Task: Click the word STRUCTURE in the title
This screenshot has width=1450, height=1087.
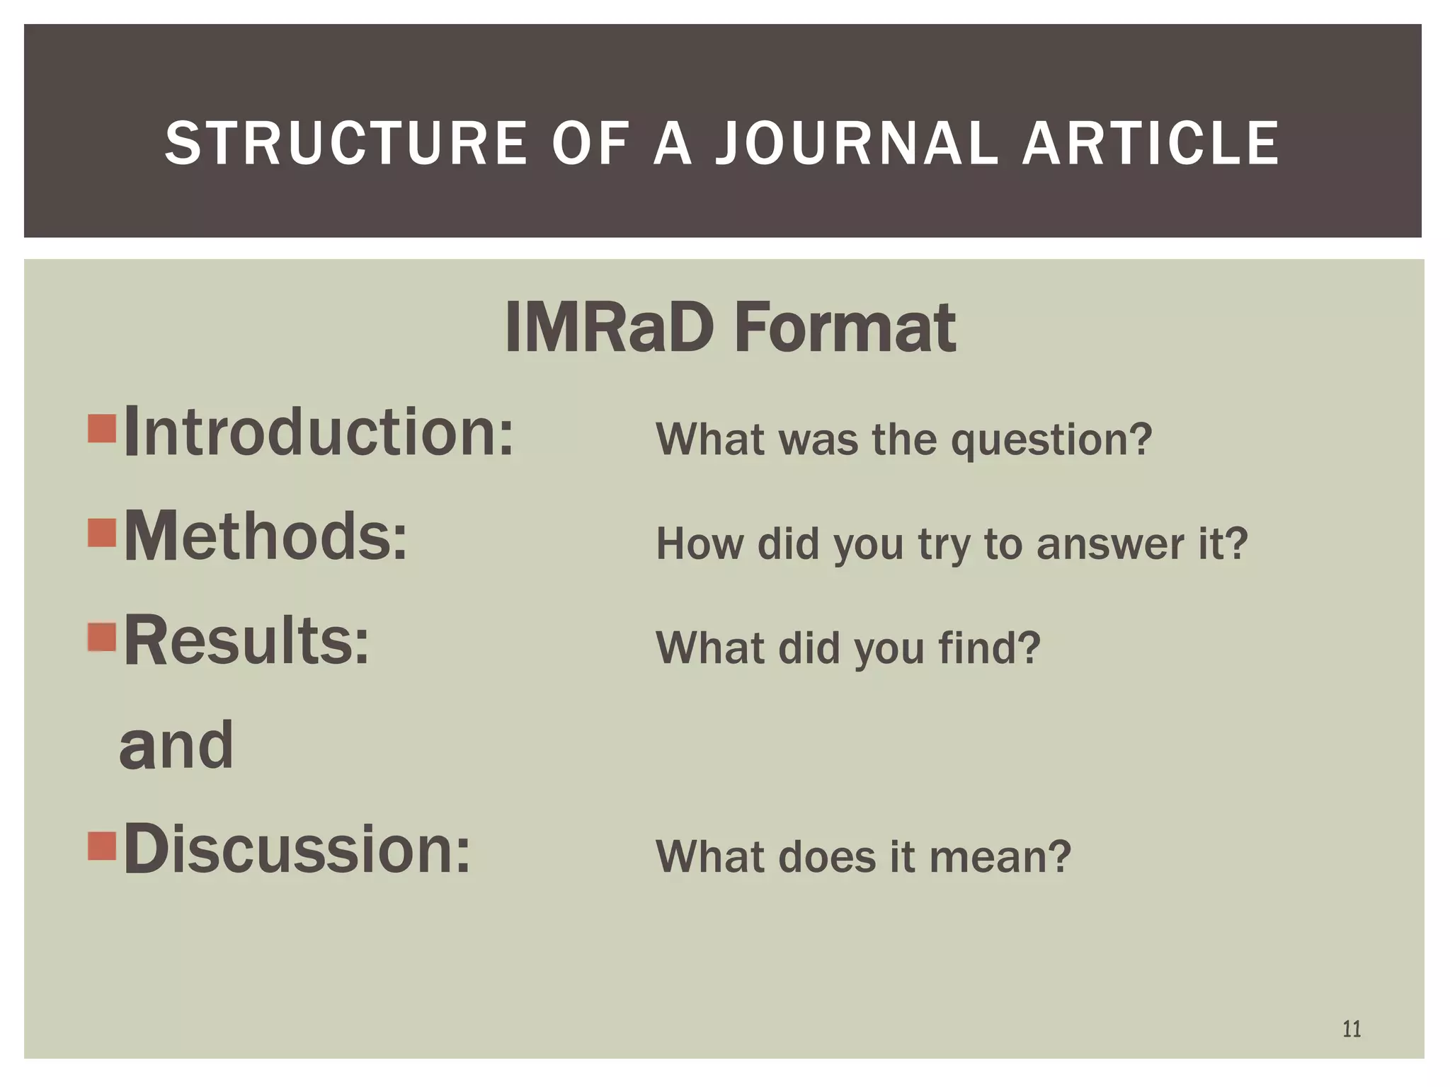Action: click(346, 144)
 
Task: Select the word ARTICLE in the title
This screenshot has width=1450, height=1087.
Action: click(1151, 144)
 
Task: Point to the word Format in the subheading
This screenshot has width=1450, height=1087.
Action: click(845, 328)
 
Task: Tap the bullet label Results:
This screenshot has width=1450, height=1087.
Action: click(246, 640)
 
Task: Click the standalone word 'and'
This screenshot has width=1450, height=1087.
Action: click(176, 745)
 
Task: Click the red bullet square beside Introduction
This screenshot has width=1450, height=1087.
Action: click(102, 428)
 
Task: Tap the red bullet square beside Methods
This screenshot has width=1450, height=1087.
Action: click(102, 533)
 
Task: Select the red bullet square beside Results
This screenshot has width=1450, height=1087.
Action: click(102, 636)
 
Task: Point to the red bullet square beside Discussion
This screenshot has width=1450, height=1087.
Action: click(102, 845)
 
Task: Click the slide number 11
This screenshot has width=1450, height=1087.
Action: click(1352, 1028)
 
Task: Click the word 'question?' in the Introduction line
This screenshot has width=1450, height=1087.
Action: click(1051, 440)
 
